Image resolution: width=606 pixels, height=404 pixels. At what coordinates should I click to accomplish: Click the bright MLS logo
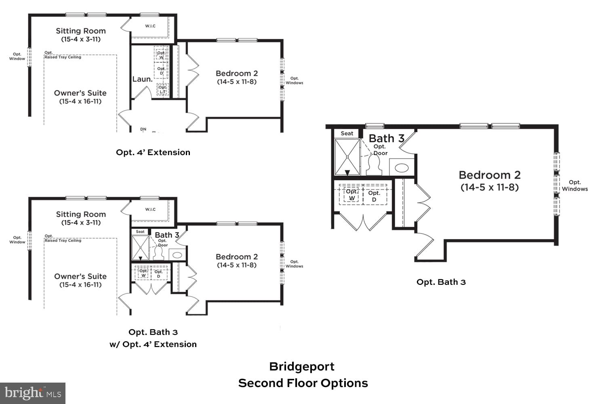pyautogui.click(x=32, y=393)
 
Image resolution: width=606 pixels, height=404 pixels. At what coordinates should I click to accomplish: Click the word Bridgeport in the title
pyautogui.click(x=302, y=366)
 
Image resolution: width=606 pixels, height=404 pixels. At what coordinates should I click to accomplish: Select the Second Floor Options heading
pyautogui.click(x=303, y=383)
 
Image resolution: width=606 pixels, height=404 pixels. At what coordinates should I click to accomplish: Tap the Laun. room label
pyautogui.click(x=142, y=79)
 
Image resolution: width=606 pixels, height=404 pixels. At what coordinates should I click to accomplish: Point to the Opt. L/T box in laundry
pyautogui.click(x=162, y=89)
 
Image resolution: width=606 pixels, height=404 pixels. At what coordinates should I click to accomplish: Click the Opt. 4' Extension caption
pyautogui.click(x=153, y=152)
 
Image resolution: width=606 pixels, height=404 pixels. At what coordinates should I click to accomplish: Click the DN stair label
pyautogui.click(x=143, y=129)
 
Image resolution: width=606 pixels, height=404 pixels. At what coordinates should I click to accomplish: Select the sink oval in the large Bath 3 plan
pyautogui.click(x=402, y=167)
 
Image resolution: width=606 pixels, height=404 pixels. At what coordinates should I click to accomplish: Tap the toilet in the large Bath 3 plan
pyautogui.click(x=374, y=166)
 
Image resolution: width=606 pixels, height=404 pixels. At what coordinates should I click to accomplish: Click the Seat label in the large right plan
pyautogui.click(x=347, y=133)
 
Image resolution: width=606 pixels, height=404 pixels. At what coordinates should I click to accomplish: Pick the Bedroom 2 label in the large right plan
pyautogui.click(x=490, y=175)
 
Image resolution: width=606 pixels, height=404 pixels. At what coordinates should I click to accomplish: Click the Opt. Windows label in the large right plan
pyautogui.click(x=574, y=185)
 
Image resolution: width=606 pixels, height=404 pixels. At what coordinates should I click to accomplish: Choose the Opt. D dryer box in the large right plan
pyautogui.click(x=374, y=196)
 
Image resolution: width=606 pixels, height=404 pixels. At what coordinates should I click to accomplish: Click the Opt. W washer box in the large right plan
pyautogui.click(x=351, y=195)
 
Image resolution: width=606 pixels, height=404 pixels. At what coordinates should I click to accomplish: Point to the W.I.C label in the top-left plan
pyautogui.click(x=150, y=26)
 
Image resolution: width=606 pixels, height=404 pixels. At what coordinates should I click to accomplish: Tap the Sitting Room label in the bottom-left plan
pyautogui.click(x=81, y=215)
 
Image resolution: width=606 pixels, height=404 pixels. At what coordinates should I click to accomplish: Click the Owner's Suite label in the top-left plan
pyautogui.click(x=80, y=93)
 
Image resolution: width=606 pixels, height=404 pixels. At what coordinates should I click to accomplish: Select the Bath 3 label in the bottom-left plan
pyautogui.click(x=167, y=235)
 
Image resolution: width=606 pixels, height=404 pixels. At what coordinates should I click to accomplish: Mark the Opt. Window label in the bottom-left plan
pyautogui.click(x=17, y=240)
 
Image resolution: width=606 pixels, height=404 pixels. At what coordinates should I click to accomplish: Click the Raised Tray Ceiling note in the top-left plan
pyautogui.click(x=63, y=57)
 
